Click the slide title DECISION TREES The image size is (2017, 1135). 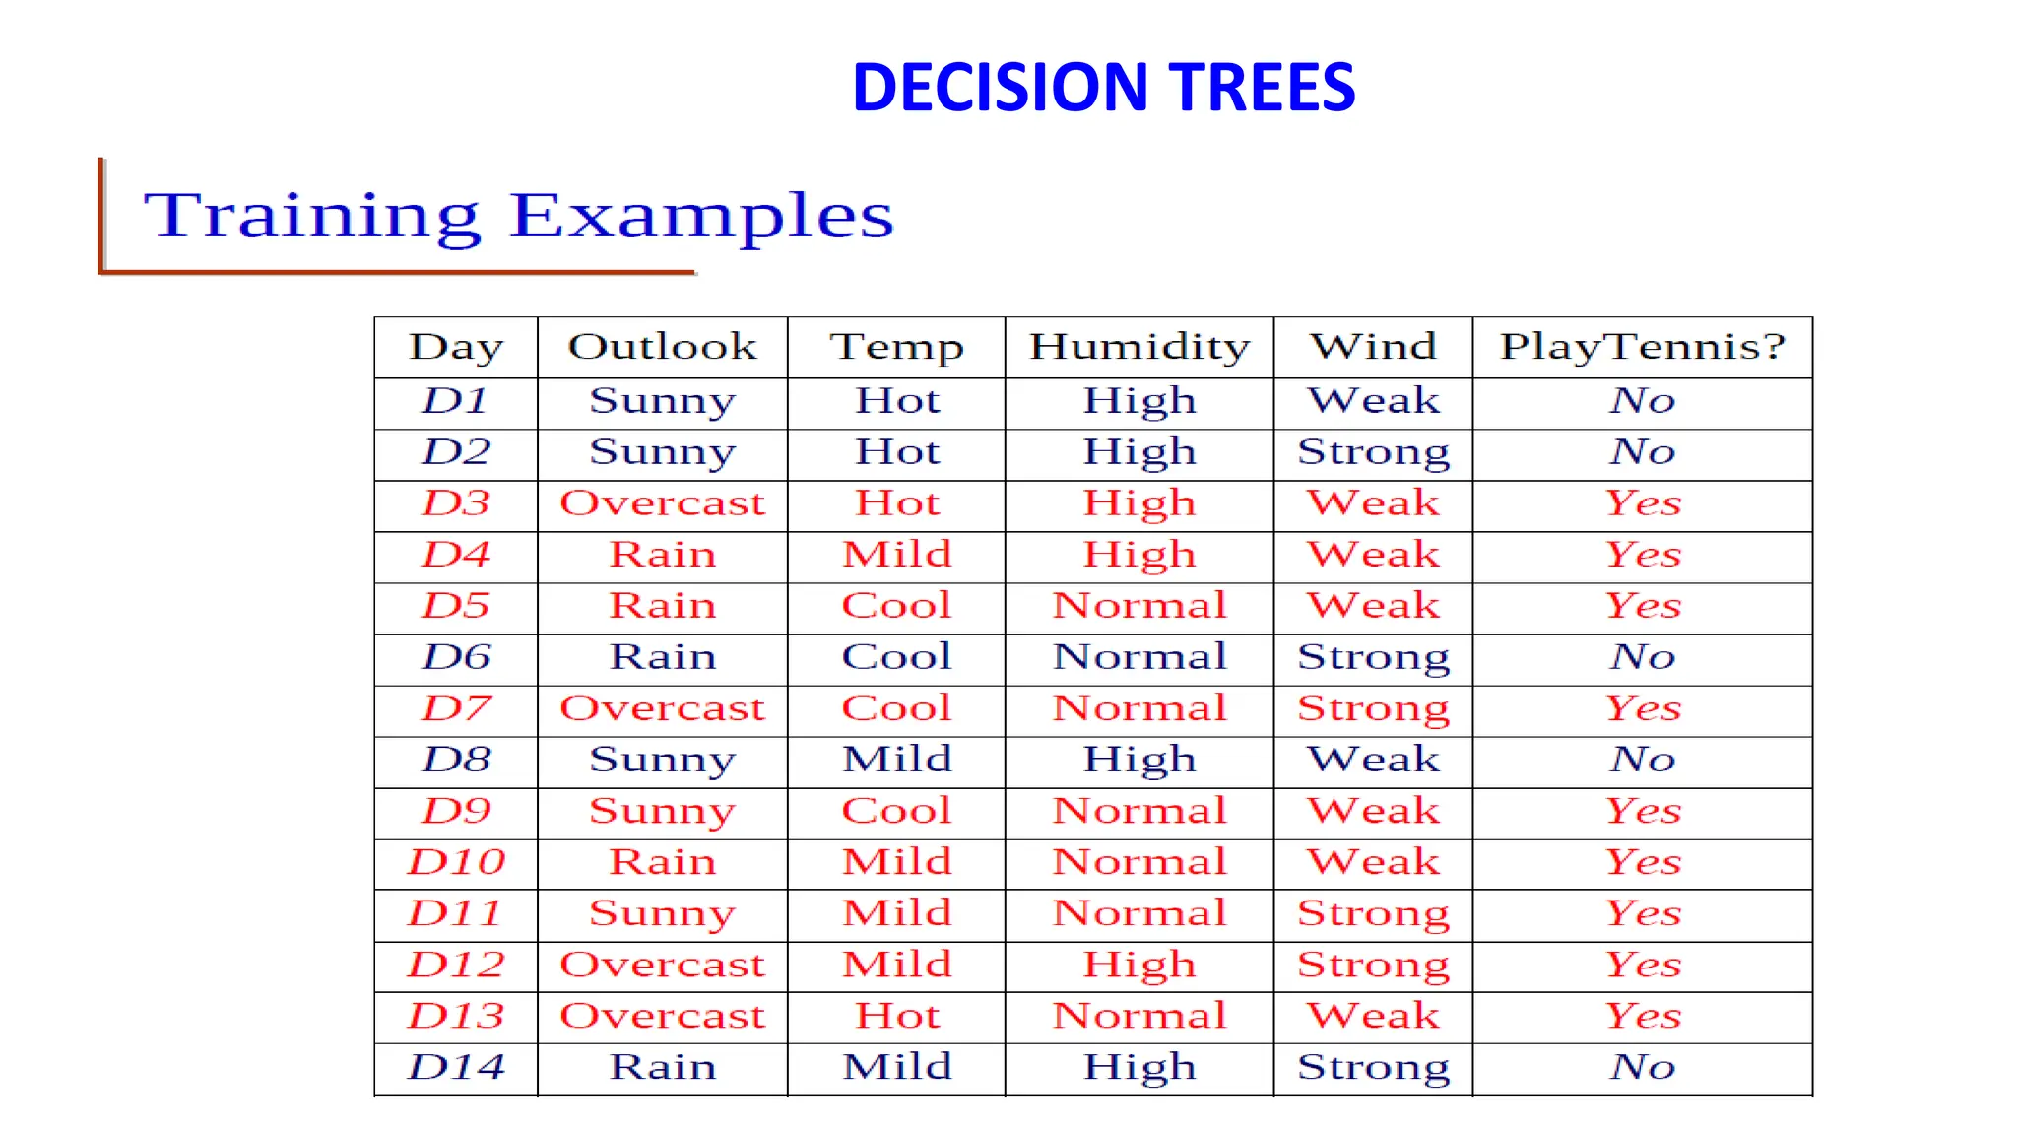pyautogui.click(x=1103, y=87)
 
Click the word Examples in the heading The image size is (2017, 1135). pyautogui.click(x=701, y=216)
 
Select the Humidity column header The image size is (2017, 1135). pyautogui.click(x=1139, y=347)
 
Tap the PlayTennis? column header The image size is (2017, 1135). pyautogui.click(x=1642, y=347)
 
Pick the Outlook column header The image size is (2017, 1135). pyautogui.click(x=662, y=347)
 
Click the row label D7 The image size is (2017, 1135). pyautogui.click(x=456, y=708)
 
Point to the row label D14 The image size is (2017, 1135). pyautogui.click(x=456, y=1067)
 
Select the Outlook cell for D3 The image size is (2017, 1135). pyautogui.click(x=662, y=503)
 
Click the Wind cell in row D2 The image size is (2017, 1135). pyautogui.click(x=1373, y=452)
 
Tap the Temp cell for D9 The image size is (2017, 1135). pyautogui.click(x=896, y=811)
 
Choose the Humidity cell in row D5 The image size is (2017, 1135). pyautogui.click(x=1139, y=606)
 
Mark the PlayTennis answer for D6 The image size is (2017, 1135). pyautogui.click(x=1642, y=657)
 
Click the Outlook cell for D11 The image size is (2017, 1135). pyautogui.click(x=662, y=913)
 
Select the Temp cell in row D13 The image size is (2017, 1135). pyautogui.click(x=896, y=1016)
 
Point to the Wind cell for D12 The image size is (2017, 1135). pyautogui.click(x=1373, y=965)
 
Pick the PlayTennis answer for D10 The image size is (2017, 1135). pyautogui.click(x=1642, y=862)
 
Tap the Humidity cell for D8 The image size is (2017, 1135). pyautogui.click(x=1139, y=760)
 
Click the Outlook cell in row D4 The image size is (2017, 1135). pyautogui.click(x=662, y=555)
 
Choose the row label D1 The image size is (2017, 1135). pyautogui.click(x=456, y=401)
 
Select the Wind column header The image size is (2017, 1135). pyautogui.click(x=1373, y=347)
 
